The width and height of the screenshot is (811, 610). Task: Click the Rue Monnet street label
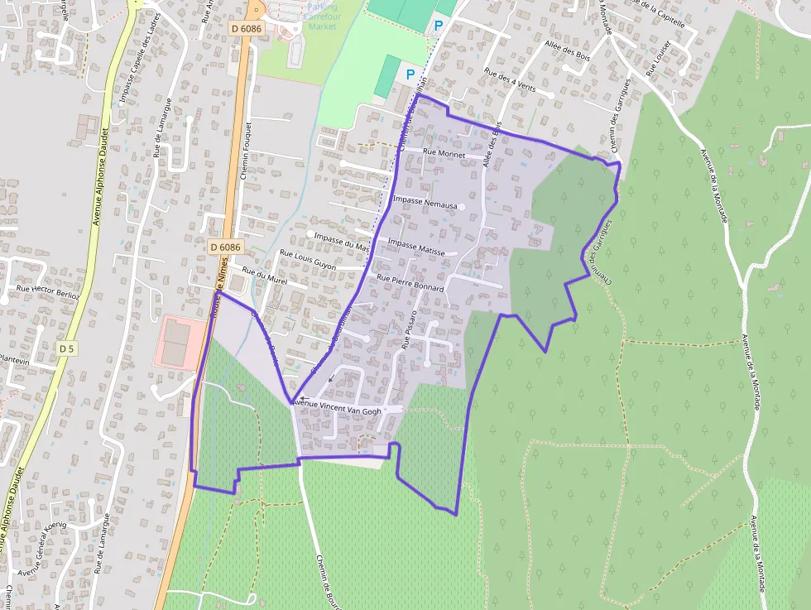coord(444,153)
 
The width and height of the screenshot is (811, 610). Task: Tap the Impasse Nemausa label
coord(425,200)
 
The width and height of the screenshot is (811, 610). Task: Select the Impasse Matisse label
coord(416,247)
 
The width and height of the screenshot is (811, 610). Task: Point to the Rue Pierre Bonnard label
coord(410,282)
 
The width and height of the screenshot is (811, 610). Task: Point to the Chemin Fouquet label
coord(246,152)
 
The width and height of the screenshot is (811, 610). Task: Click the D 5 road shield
coord(67,349)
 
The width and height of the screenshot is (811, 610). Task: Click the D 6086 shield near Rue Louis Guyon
coord(225,247)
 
